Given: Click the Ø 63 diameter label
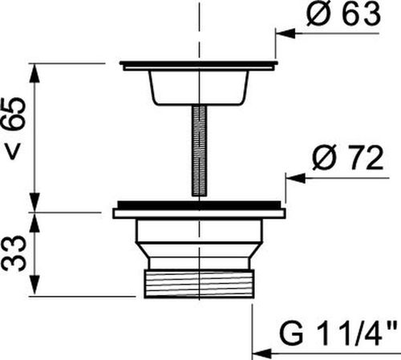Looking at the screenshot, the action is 343,14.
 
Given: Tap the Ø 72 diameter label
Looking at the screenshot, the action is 347,159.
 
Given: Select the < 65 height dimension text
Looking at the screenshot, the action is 17,128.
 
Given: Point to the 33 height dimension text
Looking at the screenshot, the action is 14,253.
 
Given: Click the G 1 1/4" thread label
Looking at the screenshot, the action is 338,334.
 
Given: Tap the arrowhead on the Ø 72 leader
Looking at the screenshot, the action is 295,178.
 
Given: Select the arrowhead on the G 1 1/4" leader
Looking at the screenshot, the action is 261,353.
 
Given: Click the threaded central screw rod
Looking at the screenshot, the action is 199,151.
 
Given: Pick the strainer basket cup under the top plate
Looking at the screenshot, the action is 199,87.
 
